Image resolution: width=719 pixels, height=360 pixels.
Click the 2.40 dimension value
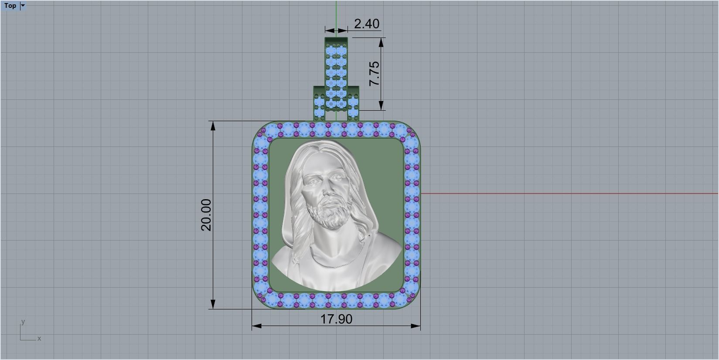click(x=366, y=24)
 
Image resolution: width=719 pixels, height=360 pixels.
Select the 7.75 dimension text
click(x=374, y=73)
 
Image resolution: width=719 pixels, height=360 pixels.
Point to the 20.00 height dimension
click(x=206, y=214)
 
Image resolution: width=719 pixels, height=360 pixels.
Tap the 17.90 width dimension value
click(x=336, y=319)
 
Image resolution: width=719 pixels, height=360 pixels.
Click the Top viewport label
click(x=10, y=6)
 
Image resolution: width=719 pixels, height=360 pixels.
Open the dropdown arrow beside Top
click(x=23, y=6)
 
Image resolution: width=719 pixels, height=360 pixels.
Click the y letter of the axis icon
click(x=23, y=322)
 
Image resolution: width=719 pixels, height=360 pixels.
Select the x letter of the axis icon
click(x=39, y=338)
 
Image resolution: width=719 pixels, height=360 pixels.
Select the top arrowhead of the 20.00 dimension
click(x=213, y=126)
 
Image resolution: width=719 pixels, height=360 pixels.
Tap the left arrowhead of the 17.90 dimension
click(x=256, y=326)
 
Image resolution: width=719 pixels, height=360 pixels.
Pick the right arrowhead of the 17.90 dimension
click(x=416, y=326)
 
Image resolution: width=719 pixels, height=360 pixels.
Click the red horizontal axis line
click(x=567, y=193)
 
